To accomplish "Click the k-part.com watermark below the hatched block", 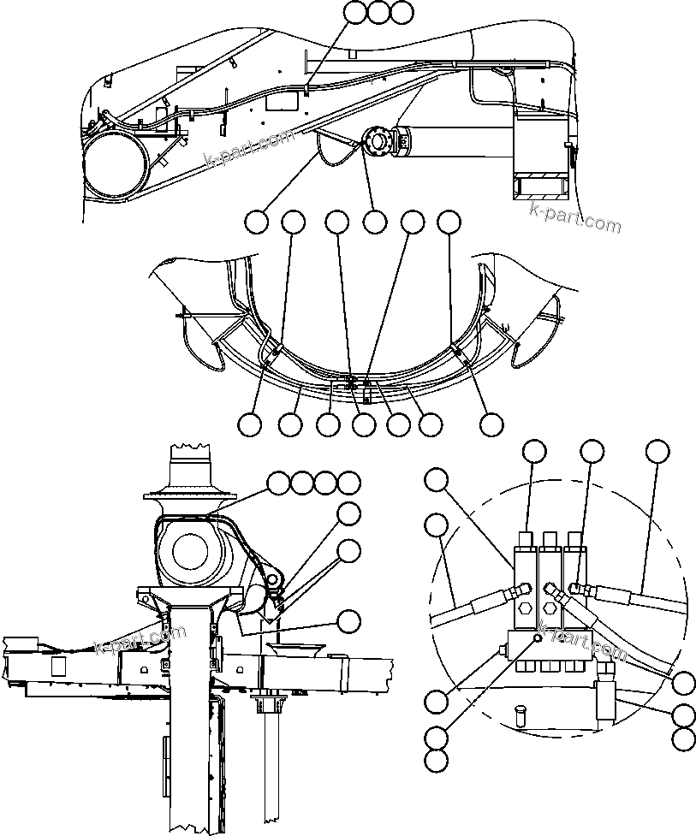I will click(x=574, y=217).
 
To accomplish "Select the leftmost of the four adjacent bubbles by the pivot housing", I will click(x=277, y=483).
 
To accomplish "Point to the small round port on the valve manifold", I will click(x=537, y=637).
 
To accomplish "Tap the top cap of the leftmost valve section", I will click(x=525, y=537).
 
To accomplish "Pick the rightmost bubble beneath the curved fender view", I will click(x=491, y=424).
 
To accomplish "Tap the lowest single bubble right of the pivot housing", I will click(x=348, y=620).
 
